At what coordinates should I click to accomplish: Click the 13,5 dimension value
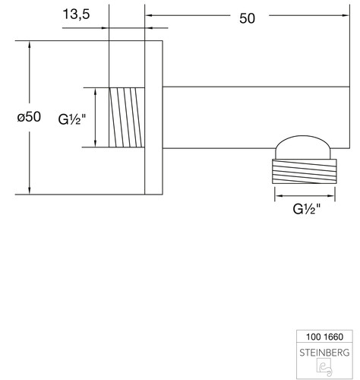click(76, 14)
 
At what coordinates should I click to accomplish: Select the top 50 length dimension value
click(247, 18)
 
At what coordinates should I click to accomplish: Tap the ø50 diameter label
click(29, 117)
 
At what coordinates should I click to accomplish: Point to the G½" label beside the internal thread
click(72, 119)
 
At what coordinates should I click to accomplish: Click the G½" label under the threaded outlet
click(307, 209)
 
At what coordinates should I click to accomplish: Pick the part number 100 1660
click(324, 337)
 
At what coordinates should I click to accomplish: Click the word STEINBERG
click(324, 353)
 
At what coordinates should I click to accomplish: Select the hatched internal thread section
click(127, 117)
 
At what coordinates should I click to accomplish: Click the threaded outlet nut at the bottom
click(305, 171)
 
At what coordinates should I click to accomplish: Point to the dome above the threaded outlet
click(303, 147)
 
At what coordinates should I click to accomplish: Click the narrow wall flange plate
click(153, 118)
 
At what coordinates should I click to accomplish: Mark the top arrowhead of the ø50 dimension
click(30, 44)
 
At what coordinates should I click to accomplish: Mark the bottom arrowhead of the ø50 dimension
click(30, 191)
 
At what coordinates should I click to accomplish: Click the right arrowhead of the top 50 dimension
click(346, 15)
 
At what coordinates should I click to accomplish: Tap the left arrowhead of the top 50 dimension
click(149, 15)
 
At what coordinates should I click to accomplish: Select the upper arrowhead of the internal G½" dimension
click(96, 91)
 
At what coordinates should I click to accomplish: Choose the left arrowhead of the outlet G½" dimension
click(279, 195)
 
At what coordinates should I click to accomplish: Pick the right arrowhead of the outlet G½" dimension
click(331, 195)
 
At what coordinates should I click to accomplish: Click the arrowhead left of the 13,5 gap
click(105, 28)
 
